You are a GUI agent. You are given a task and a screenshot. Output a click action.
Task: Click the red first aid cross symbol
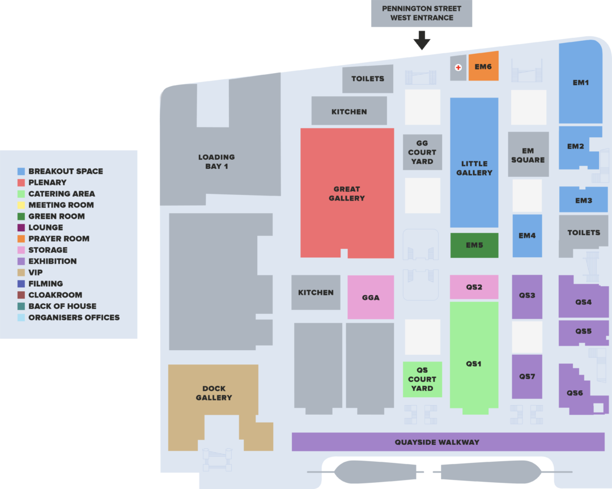pyautogui.click(x=458, y=67)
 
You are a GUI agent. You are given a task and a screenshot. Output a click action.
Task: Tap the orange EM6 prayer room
pyautogui.click(x=483, y=66)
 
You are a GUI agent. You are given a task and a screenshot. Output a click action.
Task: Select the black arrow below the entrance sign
pyautogui.click(x=422, y=40)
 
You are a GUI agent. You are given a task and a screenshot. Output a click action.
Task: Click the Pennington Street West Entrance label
pyautogui.click(x=422, y=13)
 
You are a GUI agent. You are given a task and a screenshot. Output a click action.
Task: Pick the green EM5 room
pyautogui.click(x=474, y=245)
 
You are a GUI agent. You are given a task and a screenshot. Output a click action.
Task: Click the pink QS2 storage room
pyautogui.click(x=474, y=287)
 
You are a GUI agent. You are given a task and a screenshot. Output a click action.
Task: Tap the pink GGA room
pyautogui.click(x=371, y=297)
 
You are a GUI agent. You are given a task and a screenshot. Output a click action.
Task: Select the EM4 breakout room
pyautogui.click(x=528, y=236)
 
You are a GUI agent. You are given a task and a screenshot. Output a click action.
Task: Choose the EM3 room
pyautogui.click(x=584, y=200)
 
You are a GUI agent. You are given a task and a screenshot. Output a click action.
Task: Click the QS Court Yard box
pyautogui.click(x=422, y=379)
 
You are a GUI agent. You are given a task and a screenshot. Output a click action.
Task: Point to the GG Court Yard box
pyautogui.click(x=422, y=152)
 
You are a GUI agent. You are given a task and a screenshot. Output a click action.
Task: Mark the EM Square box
pyautogui.click(x=528, y=155)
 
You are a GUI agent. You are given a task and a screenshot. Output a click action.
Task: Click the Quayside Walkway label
pyautogui.click(x=437, y=442)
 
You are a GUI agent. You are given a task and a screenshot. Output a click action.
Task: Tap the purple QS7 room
pyautogui.click(x=527, y=377)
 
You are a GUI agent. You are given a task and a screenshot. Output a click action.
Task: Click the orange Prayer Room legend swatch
pyautogui.click(x=21, y=239)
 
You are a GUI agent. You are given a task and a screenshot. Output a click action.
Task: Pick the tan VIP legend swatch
pyautogui.click(x=21, y=273)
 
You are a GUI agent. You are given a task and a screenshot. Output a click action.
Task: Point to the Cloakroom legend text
pyautogui.click(x=55, y=295)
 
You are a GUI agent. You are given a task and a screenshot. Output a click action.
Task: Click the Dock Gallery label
pyautogui.click(x=214, y=393)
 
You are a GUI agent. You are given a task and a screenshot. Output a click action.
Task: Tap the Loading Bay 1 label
pyautogui.click(x=216, y=161)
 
